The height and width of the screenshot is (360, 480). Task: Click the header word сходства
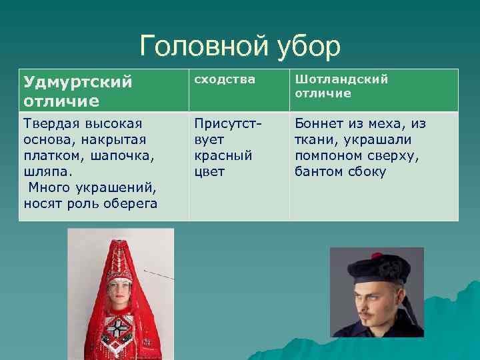click(x=225, y=79)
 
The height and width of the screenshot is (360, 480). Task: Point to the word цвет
click(x=209, y=171)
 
